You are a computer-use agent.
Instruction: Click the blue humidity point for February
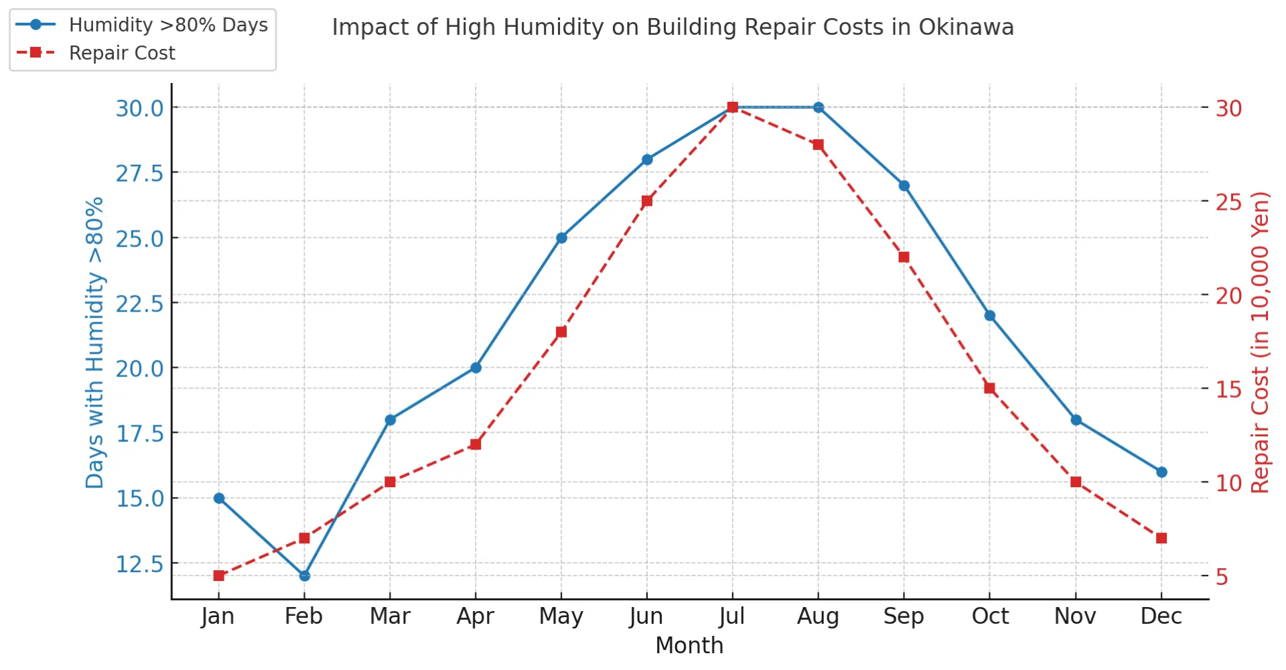point(305,576)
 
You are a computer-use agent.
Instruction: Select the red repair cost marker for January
point(219,576)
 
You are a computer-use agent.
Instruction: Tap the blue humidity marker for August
point(818,107)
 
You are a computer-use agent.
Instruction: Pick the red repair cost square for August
point(818,145)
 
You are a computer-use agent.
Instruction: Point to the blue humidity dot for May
point(561,238)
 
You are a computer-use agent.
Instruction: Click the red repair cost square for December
point(1161,538)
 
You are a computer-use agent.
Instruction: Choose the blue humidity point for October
point(990,316)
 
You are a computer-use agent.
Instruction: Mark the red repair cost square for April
point(476,444)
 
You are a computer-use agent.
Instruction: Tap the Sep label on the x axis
point(904,616)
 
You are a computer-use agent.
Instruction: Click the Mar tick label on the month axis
point(390,616)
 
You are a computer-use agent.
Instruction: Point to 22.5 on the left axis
point(139,304)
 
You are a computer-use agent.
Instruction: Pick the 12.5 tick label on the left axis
point(139,564)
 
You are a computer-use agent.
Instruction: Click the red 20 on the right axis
point(1229,295)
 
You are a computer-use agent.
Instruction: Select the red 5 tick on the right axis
point(1222,576)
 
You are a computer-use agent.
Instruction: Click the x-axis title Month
point(689,645)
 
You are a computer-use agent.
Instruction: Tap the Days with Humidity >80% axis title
point(94,342)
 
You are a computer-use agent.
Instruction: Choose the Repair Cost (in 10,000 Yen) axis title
point(1260,342)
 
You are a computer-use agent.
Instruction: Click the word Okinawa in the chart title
point(966,27)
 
